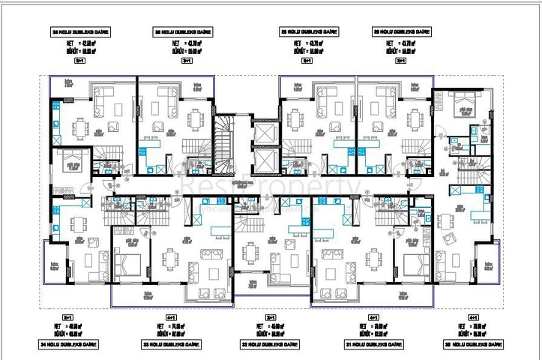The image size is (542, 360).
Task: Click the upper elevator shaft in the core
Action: pos(266,135)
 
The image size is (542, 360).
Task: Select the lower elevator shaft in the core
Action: pos(266,161)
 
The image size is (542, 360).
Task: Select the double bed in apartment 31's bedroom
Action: pos(415,264)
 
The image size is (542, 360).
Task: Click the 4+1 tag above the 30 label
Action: pos(472,318)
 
